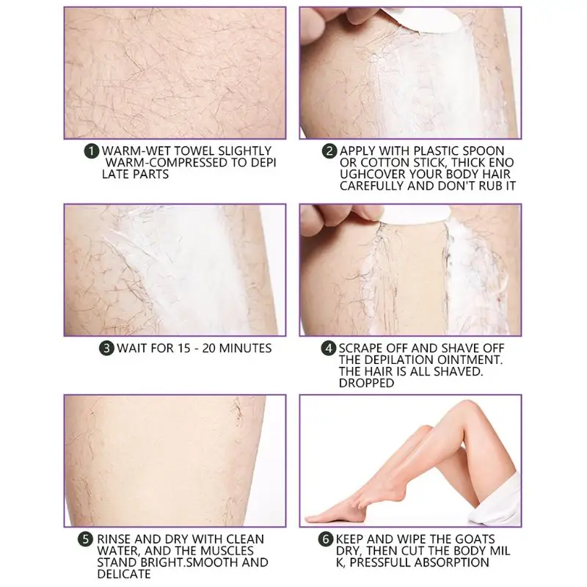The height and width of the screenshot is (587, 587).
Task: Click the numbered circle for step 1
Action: (x=92, y=150)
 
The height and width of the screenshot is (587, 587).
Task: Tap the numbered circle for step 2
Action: (x=330, y=150)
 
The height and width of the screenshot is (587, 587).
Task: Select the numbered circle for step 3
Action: (x=107, y=347)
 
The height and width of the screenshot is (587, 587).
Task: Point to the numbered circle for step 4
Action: (x=330, y=347)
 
